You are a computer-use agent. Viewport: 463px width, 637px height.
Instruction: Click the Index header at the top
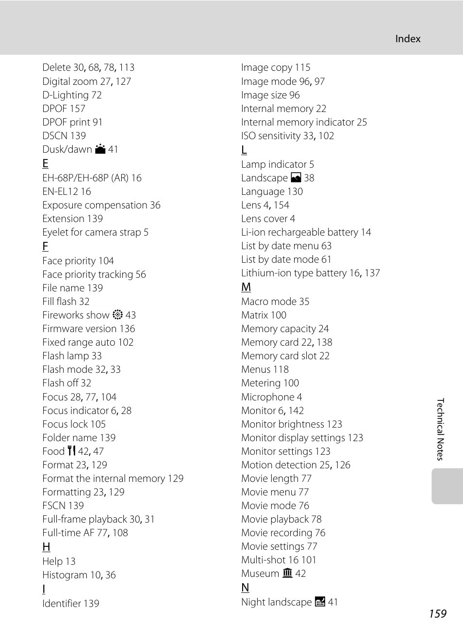tap(408, 39)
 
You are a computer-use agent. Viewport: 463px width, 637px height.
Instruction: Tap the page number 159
tap(437, 614)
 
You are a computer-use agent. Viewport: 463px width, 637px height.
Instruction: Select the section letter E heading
tap(45, 163)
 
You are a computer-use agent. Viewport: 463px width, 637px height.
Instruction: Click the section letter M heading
tap(246, 287)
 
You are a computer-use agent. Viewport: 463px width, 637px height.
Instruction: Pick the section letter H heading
tap(46, 547)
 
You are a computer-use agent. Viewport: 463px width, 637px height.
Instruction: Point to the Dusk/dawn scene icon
tap(100, 149)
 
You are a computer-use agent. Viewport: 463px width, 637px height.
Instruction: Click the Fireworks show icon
tap(117, 315)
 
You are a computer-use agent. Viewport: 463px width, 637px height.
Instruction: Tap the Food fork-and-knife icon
tap(72, 451)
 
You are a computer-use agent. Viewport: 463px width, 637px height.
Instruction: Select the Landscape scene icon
tap(296, 178)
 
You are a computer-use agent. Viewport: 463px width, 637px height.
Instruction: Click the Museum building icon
tap(287, 573)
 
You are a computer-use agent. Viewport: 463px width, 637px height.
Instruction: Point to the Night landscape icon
tap(320, 602)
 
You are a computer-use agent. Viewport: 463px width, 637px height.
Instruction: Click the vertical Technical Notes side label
tap(440, 429)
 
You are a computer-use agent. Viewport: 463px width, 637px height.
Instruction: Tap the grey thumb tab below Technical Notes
tap(446, 486)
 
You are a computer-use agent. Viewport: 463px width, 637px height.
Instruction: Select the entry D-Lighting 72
tap(72, 95)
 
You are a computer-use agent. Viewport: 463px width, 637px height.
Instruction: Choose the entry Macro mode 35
tap(275, 302)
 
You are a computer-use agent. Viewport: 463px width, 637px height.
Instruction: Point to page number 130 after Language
tap(295, 191)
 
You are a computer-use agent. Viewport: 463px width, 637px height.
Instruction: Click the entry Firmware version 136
tap(88, 329)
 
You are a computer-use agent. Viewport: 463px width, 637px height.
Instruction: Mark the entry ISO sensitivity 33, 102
tap(287, 136)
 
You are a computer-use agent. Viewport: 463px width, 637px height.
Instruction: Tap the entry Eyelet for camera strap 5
tap(95, 232)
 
